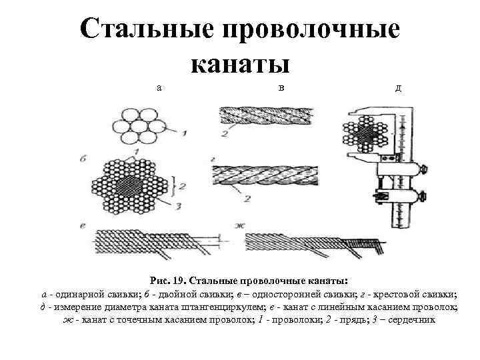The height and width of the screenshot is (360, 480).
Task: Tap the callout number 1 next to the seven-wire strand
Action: (x=183, y=133)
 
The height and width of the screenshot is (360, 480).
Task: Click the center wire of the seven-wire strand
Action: (x=140, y=125)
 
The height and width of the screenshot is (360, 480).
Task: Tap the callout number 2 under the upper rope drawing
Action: (x=225, y=134)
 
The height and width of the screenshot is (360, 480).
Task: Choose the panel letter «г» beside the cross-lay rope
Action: (x=211, y=160)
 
